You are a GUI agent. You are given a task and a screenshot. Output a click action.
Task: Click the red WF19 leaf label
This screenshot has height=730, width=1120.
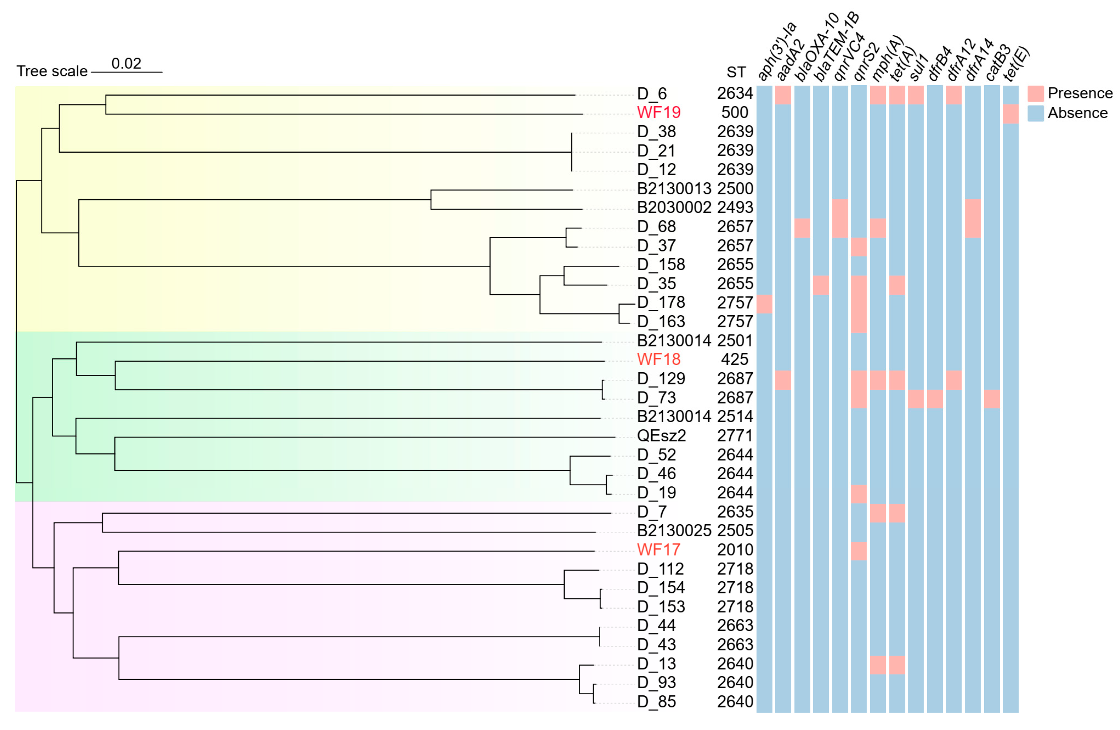click(658, 112)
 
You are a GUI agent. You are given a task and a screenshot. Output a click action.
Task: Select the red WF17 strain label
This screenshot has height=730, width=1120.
click(658, 550)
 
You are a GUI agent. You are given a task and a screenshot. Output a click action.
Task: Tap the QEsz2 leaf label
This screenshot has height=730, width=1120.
click(661, 436)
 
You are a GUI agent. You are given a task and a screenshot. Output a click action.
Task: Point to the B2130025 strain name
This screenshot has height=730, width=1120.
click(674, 531)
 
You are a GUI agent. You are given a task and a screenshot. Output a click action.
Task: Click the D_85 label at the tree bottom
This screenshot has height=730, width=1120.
click(657, 702)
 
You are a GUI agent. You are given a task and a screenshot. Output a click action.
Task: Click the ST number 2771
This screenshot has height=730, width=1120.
click(735, 436)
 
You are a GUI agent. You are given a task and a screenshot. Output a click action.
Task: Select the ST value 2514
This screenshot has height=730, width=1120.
click(735, 417)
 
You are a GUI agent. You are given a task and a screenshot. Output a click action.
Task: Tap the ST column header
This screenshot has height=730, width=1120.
click(736, 72)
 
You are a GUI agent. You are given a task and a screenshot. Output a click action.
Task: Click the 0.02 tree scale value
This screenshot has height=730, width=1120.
click(126, 63)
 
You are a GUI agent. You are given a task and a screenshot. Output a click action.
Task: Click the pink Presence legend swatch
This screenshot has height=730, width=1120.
click(1036, 94)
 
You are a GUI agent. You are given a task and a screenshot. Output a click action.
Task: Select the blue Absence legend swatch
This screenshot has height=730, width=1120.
click(1036, 113)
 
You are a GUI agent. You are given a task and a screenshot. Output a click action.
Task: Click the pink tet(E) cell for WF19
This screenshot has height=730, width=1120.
click(1010, 114)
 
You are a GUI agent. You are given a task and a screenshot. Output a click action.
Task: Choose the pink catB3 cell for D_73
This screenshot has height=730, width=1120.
click(992, 399)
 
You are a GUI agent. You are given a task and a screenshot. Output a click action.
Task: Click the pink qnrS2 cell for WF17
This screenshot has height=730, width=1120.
click(858, 551)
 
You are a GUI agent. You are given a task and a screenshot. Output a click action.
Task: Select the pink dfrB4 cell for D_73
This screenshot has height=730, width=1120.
click(935, 399)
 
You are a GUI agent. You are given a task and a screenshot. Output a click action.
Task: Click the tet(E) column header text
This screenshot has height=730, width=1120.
click(1017, 63)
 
